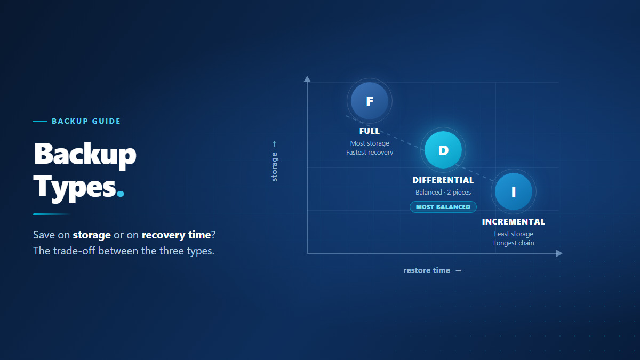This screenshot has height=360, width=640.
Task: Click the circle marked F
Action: point(370,101)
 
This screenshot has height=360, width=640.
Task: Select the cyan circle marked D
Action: point(443,150)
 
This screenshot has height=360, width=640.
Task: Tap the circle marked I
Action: point(514,191)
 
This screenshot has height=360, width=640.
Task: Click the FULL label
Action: point(370,131)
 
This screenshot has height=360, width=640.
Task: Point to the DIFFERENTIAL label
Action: point(443,180)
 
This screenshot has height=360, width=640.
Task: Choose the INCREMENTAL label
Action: point(514,222)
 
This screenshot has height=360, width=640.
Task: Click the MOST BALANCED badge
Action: point(443,207)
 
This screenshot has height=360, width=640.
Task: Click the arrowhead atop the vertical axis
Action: point(307,79)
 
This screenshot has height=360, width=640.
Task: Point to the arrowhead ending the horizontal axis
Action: point(559,253)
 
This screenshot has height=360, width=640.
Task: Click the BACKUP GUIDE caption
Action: point(86,121)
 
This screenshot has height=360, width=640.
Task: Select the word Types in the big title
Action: point(75,187)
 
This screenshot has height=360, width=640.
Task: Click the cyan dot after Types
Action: point(121,194)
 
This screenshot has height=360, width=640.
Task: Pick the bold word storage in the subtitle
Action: point(92,235)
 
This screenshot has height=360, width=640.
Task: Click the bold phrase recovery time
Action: point(177,235)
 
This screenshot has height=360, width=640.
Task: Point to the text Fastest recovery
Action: point(370,153)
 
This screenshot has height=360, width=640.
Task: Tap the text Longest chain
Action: point(514,243)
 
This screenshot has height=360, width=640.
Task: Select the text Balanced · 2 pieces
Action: point(443,193)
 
